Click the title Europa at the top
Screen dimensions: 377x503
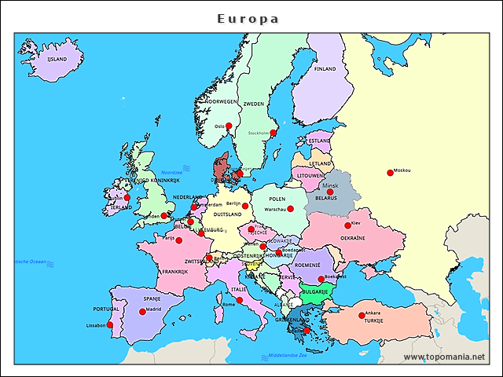pyautogui.click(x=248, y=18)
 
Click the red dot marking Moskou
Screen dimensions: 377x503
pyautogui.click(x=390, y=173)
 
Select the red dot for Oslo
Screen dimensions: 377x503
pyautogui.click(x=229, y=126)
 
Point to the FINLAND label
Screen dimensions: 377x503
pyautogui.click(x=325, y=68)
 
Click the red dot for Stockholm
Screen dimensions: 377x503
pyautogui.click(x=274, y=133)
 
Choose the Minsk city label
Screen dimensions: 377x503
pyautogui.click(x=331, y=186)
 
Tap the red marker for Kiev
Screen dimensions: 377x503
pyautogui.click(x=348, y=225)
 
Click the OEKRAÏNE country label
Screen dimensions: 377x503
pyautogui.click(x=353, y=237)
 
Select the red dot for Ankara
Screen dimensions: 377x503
pyautogui.click(x=362, y=316)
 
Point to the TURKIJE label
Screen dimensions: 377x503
pyautogui.click(x=373, y=321)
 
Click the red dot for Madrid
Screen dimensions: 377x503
pyautogui.click(x=142, y=312)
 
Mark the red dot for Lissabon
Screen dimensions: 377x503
pyautogui.click(x=110, y=325)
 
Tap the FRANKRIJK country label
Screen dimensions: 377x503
pyautogui.click(x=174, y=272)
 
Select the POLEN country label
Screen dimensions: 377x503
pyautogui.click(x=277, y=199)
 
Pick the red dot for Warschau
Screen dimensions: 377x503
pyautogui.click(x=290, y=209)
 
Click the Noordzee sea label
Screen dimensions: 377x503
pyautogui.click(x=171, y=172)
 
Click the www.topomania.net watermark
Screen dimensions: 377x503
pyautogui.click(x=442, y=357)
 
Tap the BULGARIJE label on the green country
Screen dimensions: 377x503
pyautogui.click(x=316, y=291)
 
